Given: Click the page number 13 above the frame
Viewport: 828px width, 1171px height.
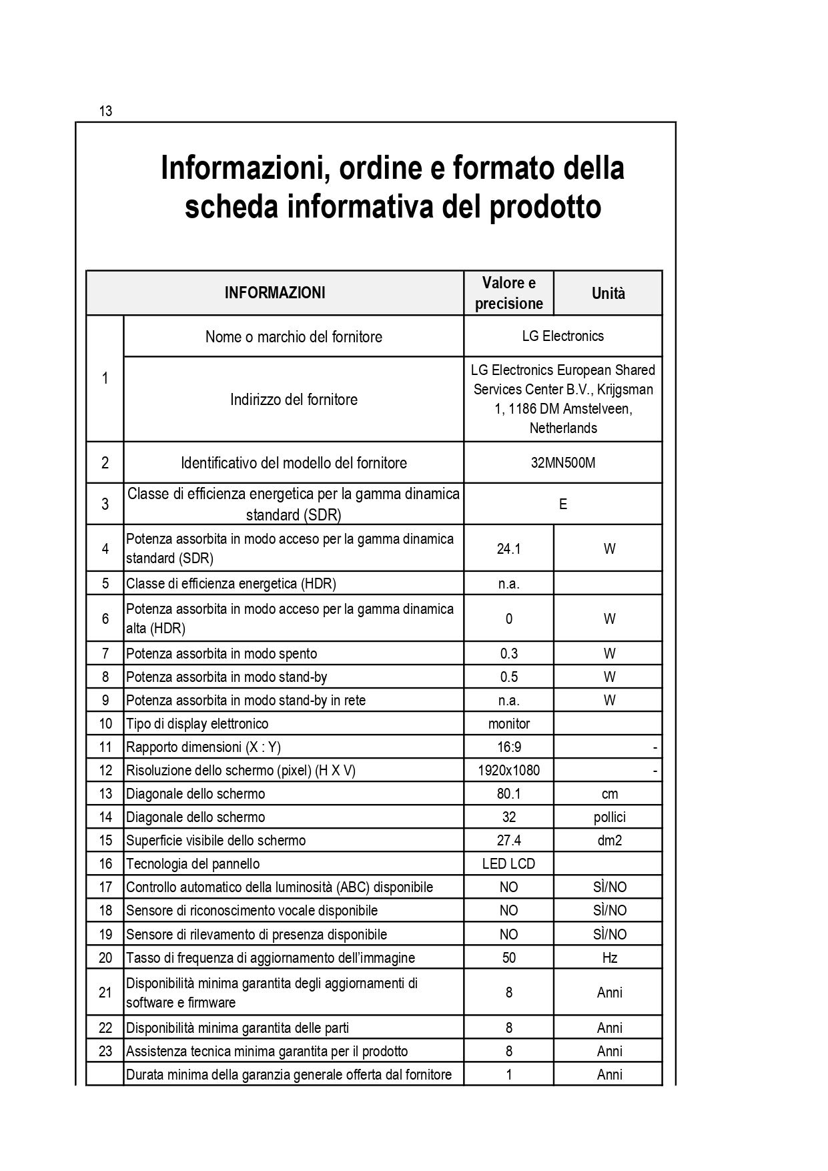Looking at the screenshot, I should point(105,111).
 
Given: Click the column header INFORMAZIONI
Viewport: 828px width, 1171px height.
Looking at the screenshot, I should point(275,293).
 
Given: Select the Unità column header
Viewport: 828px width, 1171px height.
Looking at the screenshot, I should point(608,294).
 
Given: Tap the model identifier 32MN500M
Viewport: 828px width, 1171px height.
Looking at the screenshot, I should point(562,462).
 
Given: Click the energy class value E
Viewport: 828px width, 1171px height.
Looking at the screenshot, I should point(562,504).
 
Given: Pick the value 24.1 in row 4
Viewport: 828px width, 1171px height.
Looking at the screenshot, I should point(508,548).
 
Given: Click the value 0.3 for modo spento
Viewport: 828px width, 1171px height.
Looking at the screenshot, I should point(508,653).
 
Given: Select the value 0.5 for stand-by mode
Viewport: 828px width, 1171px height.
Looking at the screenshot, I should point(508,677).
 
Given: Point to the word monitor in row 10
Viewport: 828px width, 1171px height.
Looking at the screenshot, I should point(508,723).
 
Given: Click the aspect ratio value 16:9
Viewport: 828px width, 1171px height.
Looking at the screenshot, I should point(508,747).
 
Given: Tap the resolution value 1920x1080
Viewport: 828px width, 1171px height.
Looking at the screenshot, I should point(508,770).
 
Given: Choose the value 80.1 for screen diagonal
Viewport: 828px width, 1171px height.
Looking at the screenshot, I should point(508,793).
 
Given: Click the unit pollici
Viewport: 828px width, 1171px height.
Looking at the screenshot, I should point(609,817).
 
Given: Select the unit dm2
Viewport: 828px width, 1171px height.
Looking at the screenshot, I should point(609,840).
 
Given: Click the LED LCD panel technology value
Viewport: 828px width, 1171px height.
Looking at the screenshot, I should point(508,863).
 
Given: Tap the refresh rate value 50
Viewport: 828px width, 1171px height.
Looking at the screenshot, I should point(508,957).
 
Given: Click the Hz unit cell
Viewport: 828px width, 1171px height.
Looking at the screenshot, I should point(609,957).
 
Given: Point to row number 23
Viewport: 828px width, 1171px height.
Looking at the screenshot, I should point(105,1051).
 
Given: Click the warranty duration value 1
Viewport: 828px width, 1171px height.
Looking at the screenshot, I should point(508,1074).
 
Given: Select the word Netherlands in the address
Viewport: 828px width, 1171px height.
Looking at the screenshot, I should point(562,428).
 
